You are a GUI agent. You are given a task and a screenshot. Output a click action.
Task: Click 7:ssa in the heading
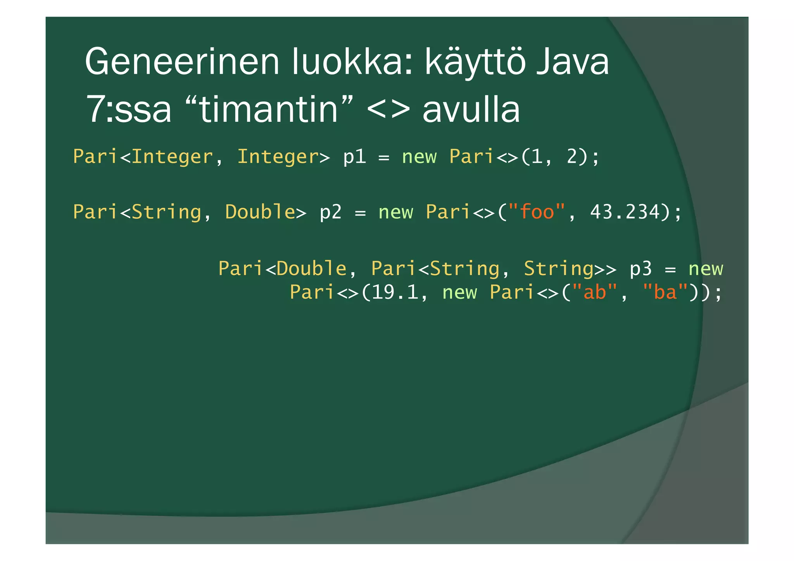[x=128, y=110]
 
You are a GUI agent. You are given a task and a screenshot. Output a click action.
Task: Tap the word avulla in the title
[x=471, y=110]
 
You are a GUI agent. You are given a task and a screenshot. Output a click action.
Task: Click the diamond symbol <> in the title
[x=388, y=110]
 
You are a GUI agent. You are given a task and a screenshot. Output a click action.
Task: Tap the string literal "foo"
[x=537, y=212]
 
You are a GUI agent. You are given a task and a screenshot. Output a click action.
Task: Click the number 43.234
[x=625, y=212]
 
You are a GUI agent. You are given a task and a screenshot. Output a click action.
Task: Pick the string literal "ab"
[x=595, y=292]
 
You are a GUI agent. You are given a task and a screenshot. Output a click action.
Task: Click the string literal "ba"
[x=665, y=292]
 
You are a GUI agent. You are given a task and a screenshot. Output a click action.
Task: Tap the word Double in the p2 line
[x=260, y=212]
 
